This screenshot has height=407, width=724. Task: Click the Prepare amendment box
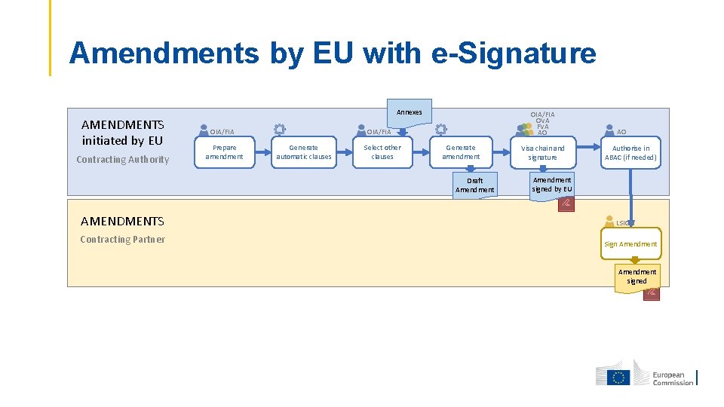[x=224, y=152]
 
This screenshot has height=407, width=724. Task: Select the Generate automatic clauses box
[x=303, y=152]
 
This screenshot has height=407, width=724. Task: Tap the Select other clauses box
[x=382, y=152]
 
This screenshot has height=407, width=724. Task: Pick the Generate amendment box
[x=461, y=152]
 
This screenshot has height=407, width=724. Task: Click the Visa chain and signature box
[x=542, y=153]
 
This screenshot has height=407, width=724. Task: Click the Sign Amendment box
[x=630, y=244]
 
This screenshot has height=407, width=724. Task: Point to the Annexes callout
[x=409, y=112]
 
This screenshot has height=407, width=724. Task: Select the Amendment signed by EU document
[x=552, y=185]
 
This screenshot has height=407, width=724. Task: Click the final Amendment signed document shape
[x=637, y=277]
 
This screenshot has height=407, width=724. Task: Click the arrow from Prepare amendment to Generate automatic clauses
[x=258, y=152]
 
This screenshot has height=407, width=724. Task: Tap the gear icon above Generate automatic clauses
[x=279, y=130]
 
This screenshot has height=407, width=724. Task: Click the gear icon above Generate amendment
[x=441, y=130]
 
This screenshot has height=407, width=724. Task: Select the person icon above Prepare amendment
[x=204, y=130]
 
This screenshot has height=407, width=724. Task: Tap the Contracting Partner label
[x=122, y=240]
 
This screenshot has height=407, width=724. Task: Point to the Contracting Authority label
[x=123, y=160]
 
